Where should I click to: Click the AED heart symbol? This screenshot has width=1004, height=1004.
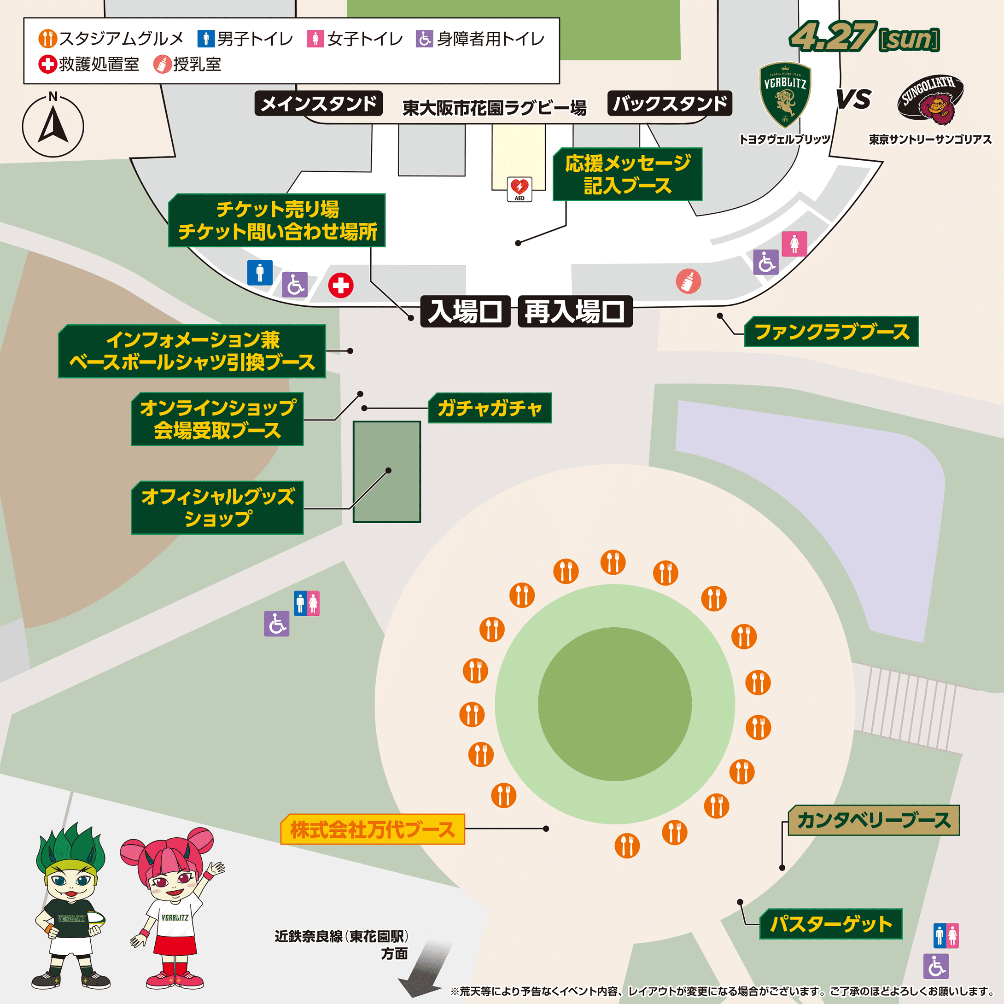click(x=519, y=187)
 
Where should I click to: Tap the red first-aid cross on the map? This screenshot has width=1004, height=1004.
click(x=341, y=285)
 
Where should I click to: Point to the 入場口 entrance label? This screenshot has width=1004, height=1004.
click(x=465, y=312)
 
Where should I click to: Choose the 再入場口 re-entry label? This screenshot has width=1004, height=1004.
click(x=575, y=312)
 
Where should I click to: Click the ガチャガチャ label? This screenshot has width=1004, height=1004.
click(x=490, y=408)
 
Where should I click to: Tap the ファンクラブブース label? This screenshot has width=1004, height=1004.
click(x=831, y=332)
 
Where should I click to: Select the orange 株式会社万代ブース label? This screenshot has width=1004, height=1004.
click(x=372, y=829)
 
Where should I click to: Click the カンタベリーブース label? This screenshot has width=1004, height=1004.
click(x=874, y=821)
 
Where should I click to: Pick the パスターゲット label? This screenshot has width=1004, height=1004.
click(x=830, y=924)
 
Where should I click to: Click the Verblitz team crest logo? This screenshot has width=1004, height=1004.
click(x=785, y=95)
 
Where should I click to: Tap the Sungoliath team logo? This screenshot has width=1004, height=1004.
click(x=930, y=100)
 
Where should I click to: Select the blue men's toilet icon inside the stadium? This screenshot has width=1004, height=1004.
click(x=260, y=273)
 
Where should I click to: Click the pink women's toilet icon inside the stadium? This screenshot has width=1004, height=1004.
click(x=794, y=244)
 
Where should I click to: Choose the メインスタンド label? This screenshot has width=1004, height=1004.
click(x=319, y=104)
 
